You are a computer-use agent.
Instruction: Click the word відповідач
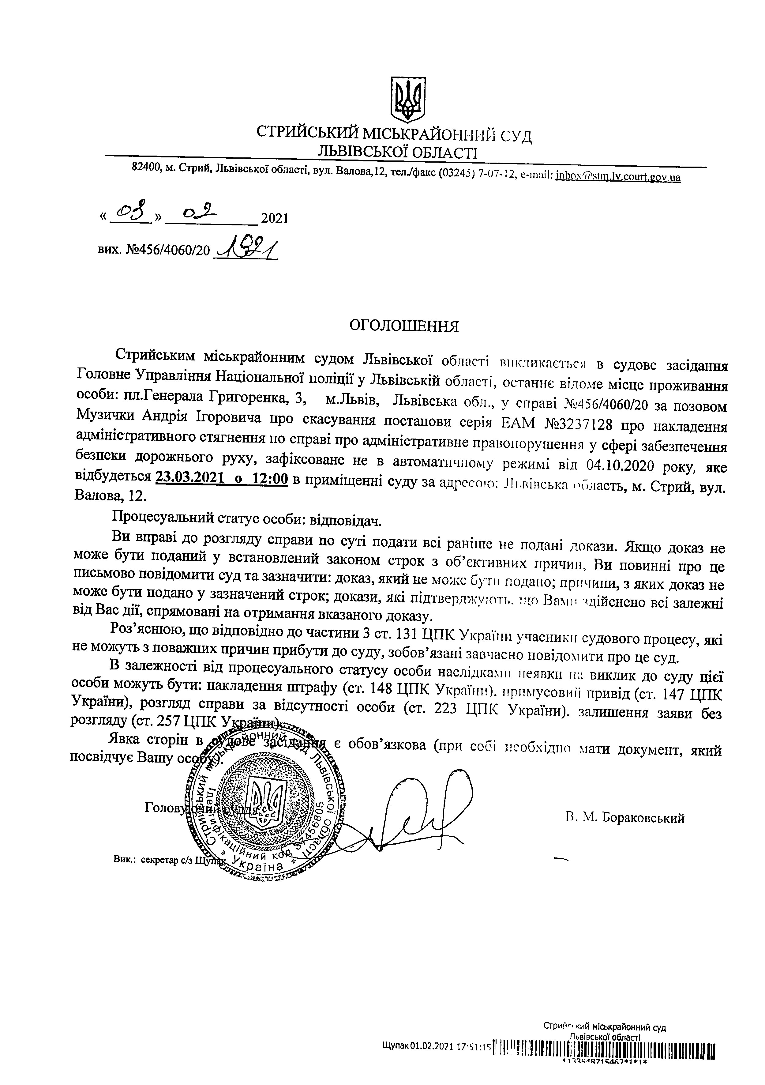point(345,521)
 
